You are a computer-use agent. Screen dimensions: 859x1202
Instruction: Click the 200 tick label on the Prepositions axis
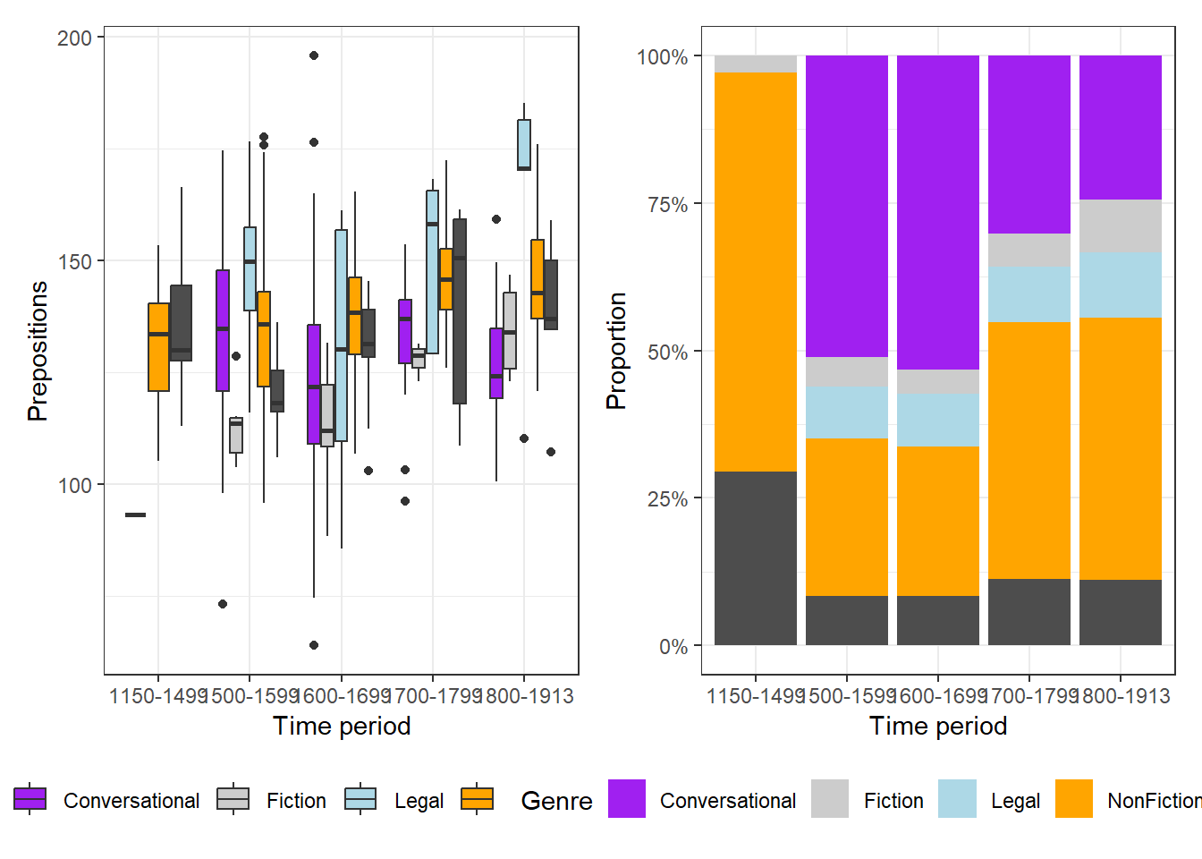point(74,38)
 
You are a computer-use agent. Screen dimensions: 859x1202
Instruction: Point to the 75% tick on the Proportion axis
point(667,204)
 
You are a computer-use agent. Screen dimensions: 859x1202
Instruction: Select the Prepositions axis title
point(38,351)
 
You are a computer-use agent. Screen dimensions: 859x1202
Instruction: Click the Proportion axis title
point(616,351)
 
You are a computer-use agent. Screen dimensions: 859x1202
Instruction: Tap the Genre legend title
point(556,801)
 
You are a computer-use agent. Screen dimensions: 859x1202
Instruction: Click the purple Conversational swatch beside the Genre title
point(627,799)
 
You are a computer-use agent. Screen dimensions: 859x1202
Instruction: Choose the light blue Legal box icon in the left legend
point(361,799)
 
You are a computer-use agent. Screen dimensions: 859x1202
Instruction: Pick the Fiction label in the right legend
point(893,801)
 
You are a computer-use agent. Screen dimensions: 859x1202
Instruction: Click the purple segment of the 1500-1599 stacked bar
point(847,206)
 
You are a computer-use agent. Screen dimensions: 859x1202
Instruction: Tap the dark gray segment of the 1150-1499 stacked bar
point(756,558)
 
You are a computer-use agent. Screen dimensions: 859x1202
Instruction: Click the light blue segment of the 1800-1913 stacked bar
point(1121,285)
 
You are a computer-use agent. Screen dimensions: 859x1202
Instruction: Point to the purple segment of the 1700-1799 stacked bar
point(1029,144)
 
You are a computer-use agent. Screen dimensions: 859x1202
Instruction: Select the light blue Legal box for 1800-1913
point(524,144)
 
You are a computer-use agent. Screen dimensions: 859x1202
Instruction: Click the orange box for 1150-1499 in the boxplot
point(158,347)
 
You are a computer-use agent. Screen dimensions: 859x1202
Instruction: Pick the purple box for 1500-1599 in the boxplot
point(223,330)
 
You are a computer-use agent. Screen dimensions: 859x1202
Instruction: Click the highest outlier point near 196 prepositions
point(314,55)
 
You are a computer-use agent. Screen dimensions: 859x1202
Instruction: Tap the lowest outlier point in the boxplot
point(314,645)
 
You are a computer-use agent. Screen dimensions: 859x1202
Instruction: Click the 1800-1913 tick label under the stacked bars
point(1121,696)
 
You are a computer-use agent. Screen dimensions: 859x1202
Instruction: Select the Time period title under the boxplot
point(342,726)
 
